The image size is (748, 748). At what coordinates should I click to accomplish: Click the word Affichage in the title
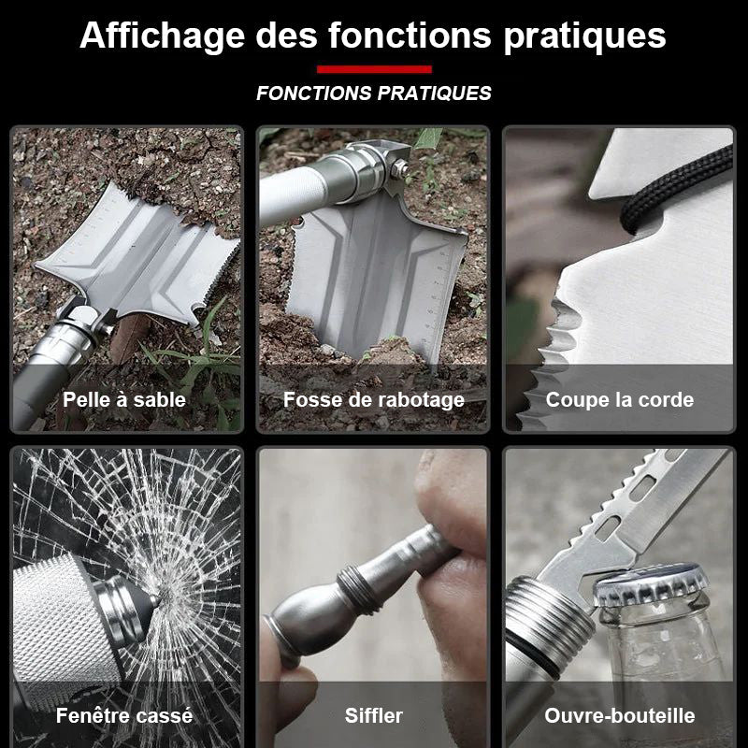(163, 36)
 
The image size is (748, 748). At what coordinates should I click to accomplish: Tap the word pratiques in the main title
(584, 36)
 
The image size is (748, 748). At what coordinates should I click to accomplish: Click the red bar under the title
(375, 69)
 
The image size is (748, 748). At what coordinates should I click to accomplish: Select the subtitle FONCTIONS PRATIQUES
(374, 93)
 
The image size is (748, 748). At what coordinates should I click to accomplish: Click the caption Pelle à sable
(124, 400)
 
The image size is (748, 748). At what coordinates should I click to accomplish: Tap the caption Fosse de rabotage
(373, 400)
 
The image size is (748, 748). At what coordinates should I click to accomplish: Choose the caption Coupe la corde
(620, 400)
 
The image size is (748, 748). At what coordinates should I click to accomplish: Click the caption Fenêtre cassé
(124, 715)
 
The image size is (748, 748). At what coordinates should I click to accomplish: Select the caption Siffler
(373, 715)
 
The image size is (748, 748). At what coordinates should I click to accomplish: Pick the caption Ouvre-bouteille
(620, 715)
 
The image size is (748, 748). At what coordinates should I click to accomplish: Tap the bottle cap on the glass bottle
(650, 586)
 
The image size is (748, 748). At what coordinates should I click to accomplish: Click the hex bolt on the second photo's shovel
(399, 168)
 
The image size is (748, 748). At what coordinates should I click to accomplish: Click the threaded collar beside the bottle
(549, 620)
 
